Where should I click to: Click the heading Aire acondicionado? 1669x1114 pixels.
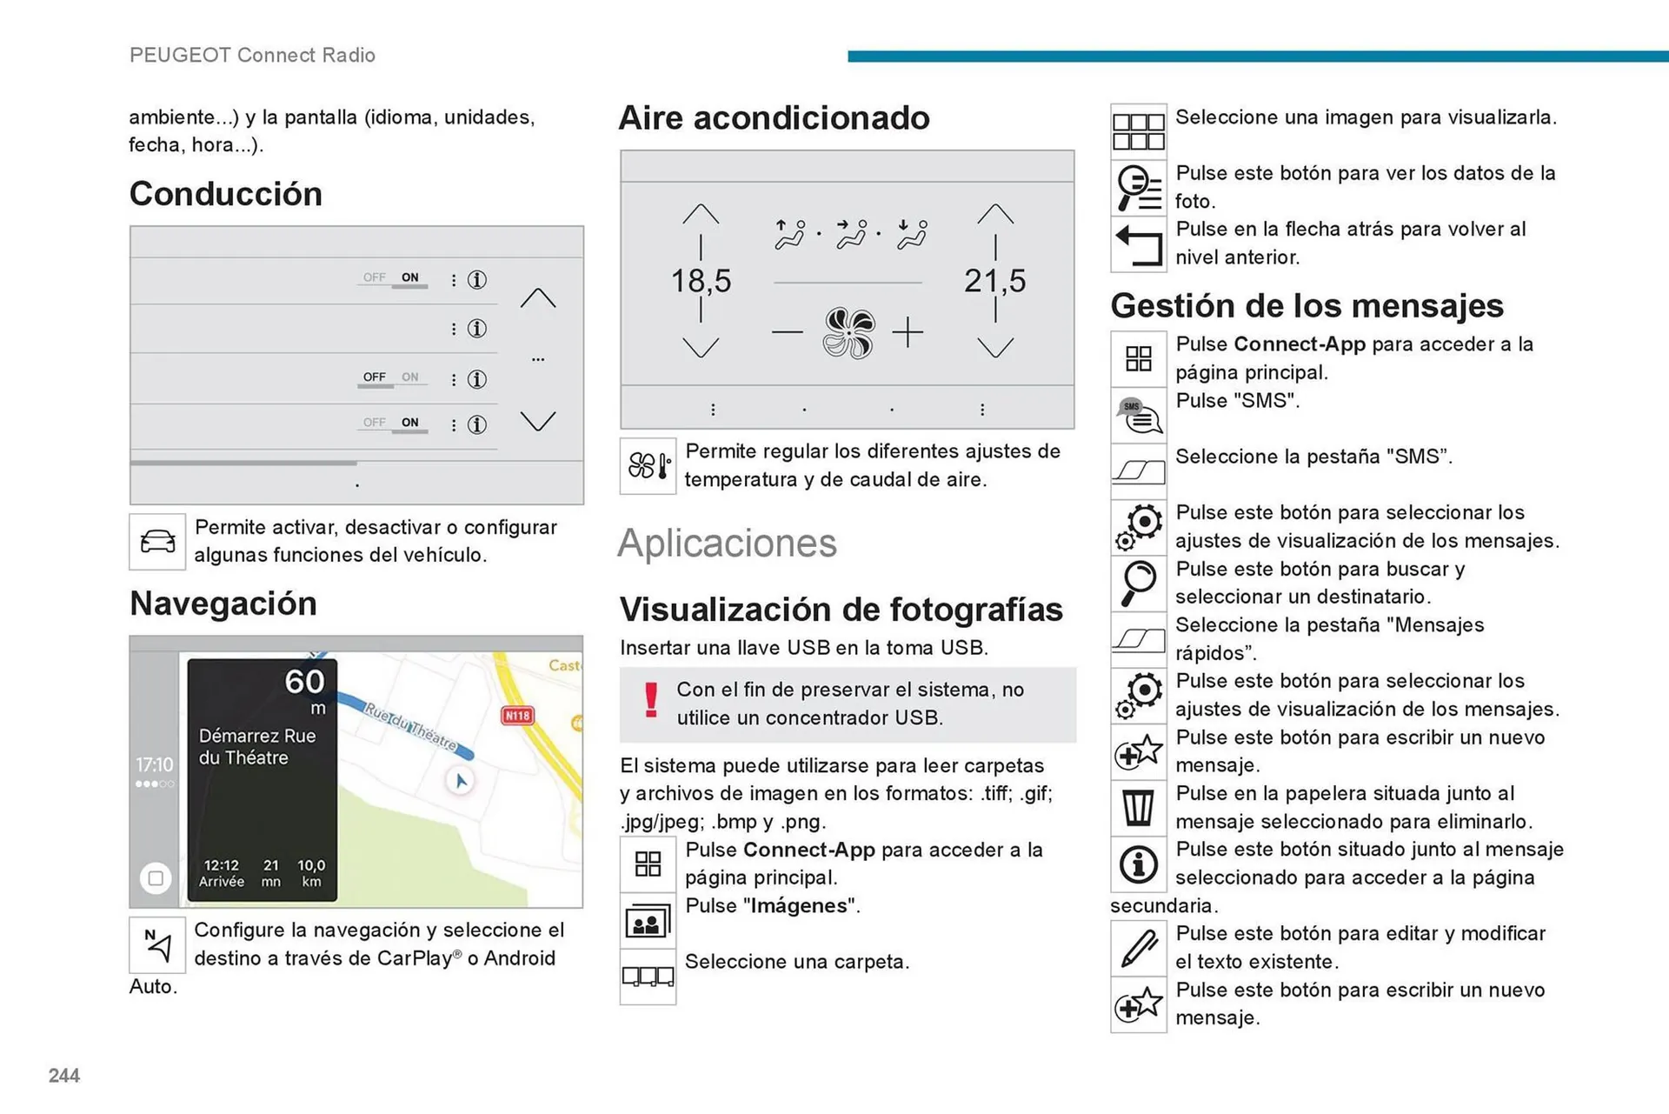(x=774, y=118)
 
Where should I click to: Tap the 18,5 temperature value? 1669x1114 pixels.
(x=701, y=281)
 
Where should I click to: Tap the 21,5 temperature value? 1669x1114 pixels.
(x=994, y=281)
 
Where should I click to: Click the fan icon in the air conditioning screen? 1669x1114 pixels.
(x=848, y=333)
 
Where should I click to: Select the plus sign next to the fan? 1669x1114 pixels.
(x=908, y=332)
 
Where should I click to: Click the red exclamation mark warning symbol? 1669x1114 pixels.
(x=650, y=700)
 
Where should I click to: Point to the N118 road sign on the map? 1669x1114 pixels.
(x=517, y=715)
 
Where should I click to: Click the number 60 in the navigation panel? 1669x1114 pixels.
(x=304, y=682)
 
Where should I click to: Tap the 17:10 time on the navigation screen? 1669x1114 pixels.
(x=154, y=764)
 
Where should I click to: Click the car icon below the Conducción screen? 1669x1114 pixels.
(x=157, y=542)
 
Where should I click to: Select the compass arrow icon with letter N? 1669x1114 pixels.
(x=157, y=945)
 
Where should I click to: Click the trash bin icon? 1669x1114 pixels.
(x=1138, y=808)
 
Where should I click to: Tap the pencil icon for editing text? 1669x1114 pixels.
(x=1138, y=948)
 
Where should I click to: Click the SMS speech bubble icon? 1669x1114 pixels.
(x=1138, y=416)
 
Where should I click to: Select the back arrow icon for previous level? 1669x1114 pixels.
(x=1138, y=245)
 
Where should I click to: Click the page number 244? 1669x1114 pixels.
(x=64, y=1076)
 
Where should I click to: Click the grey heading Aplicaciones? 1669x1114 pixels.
(x=727, y=544)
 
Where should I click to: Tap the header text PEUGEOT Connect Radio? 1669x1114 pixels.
(x=252, y=55)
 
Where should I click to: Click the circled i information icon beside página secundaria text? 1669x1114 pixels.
(x=1138, y=864)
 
